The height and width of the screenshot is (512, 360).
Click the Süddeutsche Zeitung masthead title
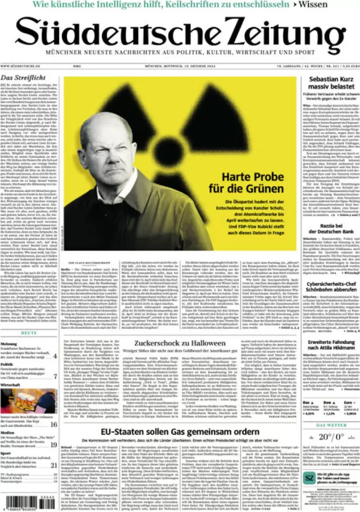coord(180,34)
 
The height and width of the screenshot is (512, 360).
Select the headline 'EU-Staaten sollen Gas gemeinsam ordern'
coord(180,432)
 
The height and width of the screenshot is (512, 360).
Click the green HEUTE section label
coord(29,332)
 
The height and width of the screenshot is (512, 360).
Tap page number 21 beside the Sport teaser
coord(54,465)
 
